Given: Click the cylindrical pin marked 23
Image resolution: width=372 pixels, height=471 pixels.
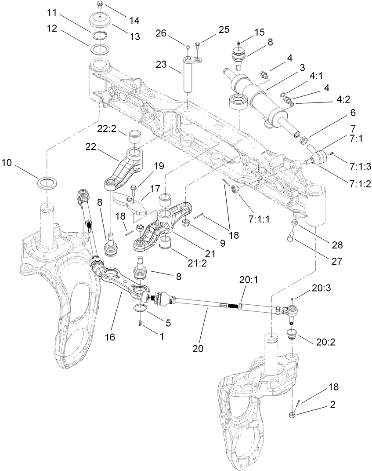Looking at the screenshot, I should pyautogui.click(x=188, y=77).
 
